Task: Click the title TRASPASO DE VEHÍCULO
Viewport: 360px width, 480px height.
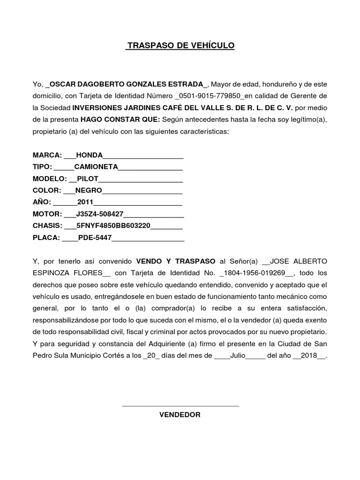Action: [x=180, y=45]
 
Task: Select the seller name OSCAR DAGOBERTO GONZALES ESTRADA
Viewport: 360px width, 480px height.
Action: [x=127, y=84]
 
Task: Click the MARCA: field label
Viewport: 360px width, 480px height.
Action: [x=47, y=155]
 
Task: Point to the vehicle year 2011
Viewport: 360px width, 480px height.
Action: [x=85, y=202]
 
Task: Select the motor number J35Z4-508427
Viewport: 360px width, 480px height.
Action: [x=99, y=214]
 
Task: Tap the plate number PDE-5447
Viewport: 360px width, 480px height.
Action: [x=95, y=237]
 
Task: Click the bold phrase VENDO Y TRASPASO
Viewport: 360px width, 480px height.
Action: [x=175, y=261]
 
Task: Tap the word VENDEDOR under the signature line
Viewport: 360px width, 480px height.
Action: [x=180, y=414]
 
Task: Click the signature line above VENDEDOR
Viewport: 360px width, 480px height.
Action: [x=180, y=406]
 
